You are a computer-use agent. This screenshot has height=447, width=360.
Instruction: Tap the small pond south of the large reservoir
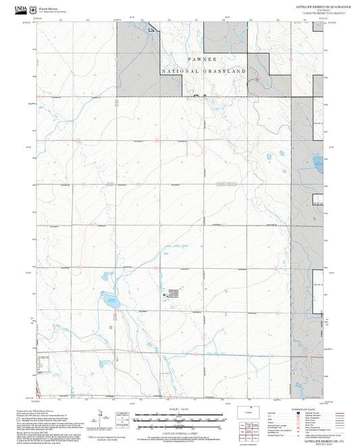(x=117, y=317)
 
